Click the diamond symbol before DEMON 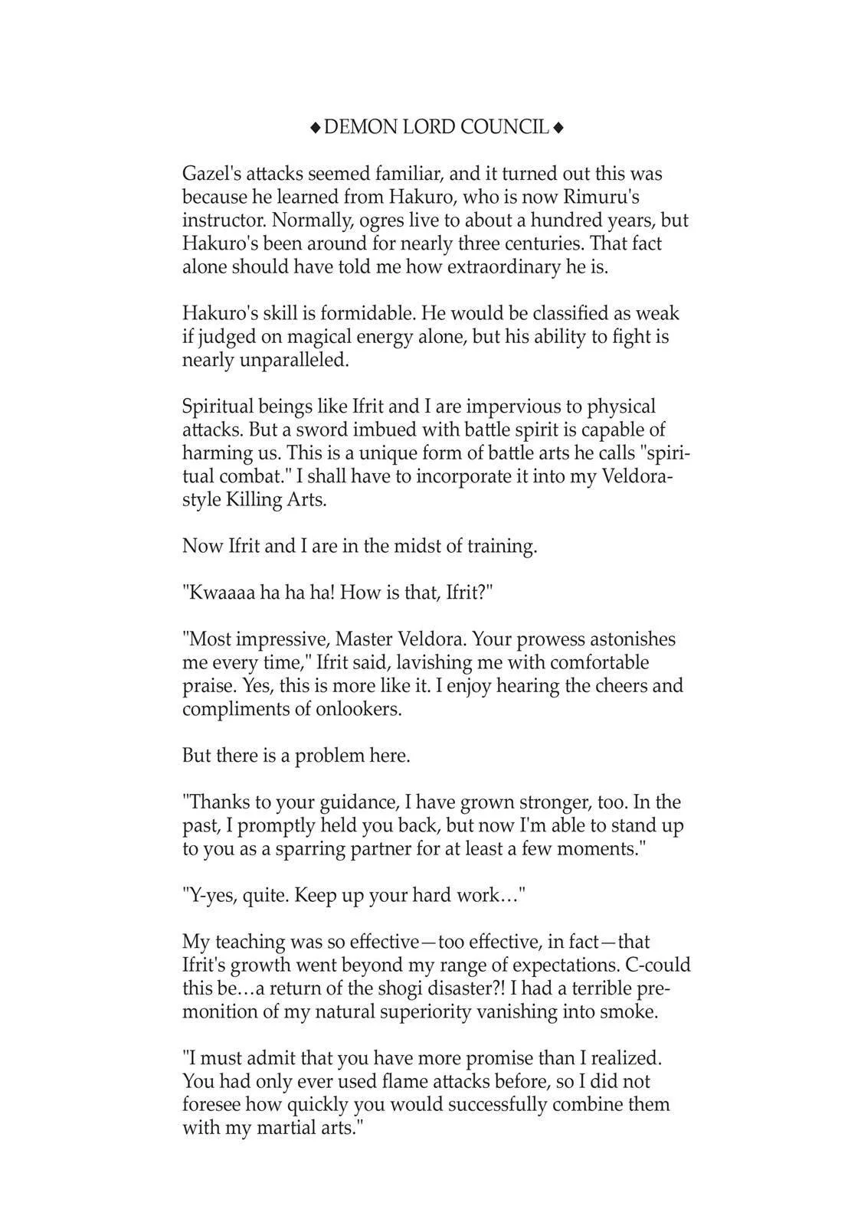(315, 128)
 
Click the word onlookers (358, 709)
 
